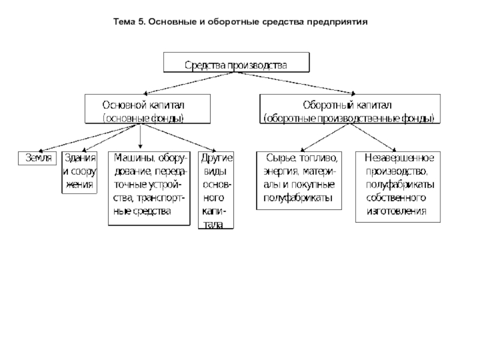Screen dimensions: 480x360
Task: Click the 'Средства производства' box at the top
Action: pyautogui.click(x=236, y=62)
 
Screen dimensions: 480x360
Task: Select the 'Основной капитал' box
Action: pyautogui.click(x=148, y=109)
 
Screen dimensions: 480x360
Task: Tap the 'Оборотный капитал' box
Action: pyautogui.click(x=350, y=109)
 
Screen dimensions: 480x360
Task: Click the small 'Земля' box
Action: pyautogui.click(x=37, y=158)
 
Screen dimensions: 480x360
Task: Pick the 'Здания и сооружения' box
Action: pyautogui.click(x=79, y=172)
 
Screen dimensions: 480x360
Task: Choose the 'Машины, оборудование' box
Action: pyautogui.click(x=149, y=188)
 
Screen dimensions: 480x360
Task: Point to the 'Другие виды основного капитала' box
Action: pyautogui.click(x=216, y=190)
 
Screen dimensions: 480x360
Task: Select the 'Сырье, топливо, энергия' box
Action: pyautogui.click(x=299, y=181)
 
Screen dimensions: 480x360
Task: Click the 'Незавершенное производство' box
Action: pyautogui.click(x=398, y=187)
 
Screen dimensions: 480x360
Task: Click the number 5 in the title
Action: pyautogui.click(x=140, y=22)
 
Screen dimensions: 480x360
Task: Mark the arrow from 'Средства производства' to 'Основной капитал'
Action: pyautogui.click(x=189, y=83)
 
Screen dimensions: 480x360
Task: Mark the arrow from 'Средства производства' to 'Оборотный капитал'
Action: pyautogui.click(x=295, y=83)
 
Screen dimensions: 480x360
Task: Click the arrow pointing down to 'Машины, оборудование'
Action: pyautogui.click(x=140, y=136)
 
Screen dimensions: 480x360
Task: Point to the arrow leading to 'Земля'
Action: pyautogui.click(x=89, y=138)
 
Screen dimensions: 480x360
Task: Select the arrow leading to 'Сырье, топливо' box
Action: pyautogui.click(x=325, y=138)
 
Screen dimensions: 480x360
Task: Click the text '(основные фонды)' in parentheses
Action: pyautogui.click(x=143, y=118)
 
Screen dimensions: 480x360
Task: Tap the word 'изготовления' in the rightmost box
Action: pyautogui.click(x=397, y=211)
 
